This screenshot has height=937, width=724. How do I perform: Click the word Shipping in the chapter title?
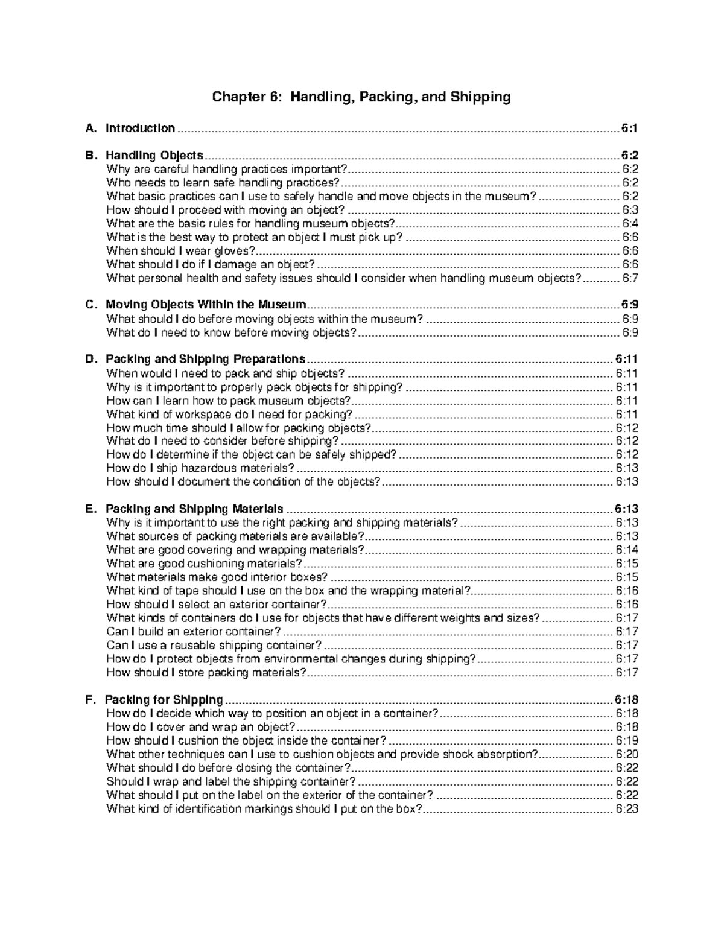pyautogui.click(x=480, y=97)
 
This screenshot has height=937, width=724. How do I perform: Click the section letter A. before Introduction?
pyautogui.click(x=91, y=128)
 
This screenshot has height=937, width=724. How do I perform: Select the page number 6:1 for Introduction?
pyautogui.click(x=629, y=128)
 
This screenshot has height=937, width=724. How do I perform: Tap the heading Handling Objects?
pyautogui.click(x=154, y=156)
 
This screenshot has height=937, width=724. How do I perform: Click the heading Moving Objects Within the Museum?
pyautogui.click(x=206, y=305)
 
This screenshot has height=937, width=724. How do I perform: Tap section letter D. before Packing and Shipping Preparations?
pyautogui.click(x=91, y=360)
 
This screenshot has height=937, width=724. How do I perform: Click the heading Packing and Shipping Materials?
pyautogui.click(x=194, y=509)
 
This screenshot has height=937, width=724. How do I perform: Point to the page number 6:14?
pyautogui.click(x=627, y=550)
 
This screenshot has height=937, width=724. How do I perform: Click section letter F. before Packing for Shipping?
pyautogui.click(x=91, y=700)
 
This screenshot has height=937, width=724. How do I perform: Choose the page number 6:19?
pyautogui.click(x=627, y=741)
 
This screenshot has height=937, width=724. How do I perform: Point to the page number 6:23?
pyautogui.click(x=627, y=809)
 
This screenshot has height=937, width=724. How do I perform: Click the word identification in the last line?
pyautogui.click(x=203, y=809)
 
